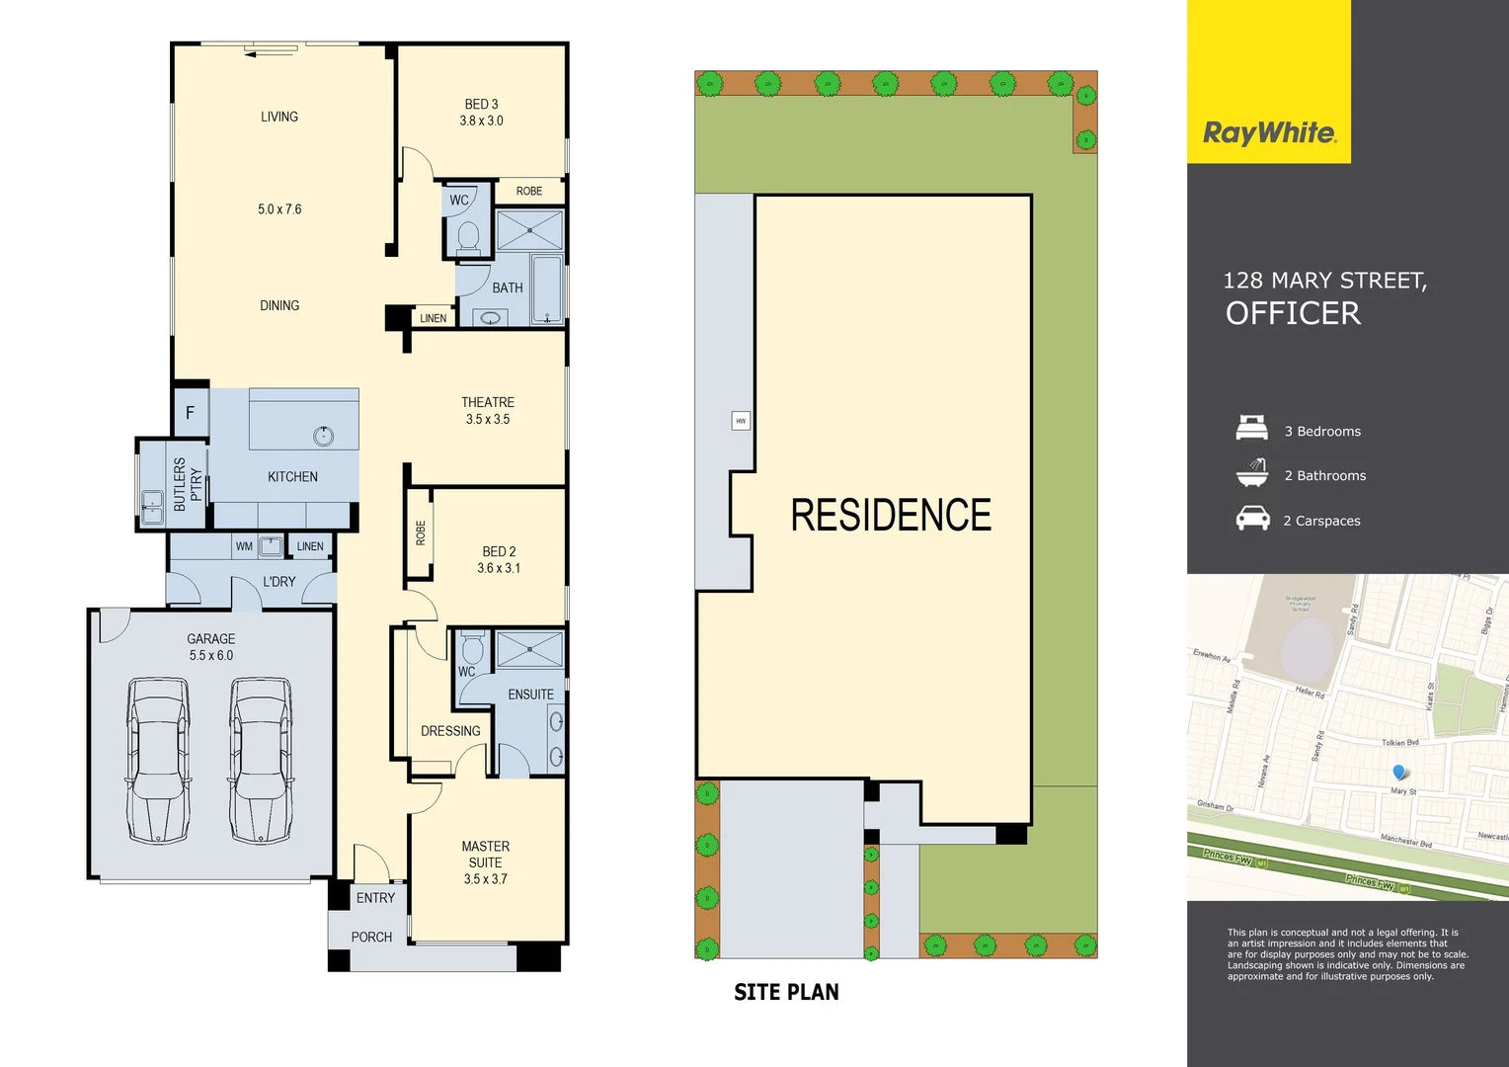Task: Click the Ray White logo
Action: (1269, 132)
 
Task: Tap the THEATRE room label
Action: (488, 402)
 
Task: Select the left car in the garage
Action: (158, 759)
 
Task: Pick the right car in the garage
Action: (261, 759)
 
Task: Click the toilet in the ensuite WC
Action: (472, 649)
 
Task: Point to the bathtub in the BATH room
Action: (547, 288)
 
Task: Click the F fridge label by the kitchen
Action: (191, 413)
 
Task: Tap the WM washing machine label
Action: (244, 546)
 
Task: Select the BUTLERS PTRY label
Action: (187, 484)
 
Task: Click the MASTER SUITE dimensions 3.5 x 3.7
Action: (486, 879)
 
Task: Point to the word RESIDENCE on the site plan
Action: (891, 516)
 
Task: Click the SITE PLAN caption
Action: (786, 993)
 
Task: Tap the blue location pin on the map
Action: (1398, 772)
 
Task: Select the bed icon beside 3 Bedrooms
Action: (1252, 428)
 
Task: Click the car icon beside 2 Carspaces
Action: (1252, 519)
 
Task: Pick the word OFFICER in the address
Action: (1293, 314)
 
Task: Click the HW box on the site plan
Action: (741, 421)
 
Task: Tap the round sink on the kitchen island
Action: (323, 435)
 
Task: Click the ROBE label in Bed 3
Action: (529, 192)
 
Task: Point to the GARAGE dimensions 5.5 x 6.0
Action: (211, 656)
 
